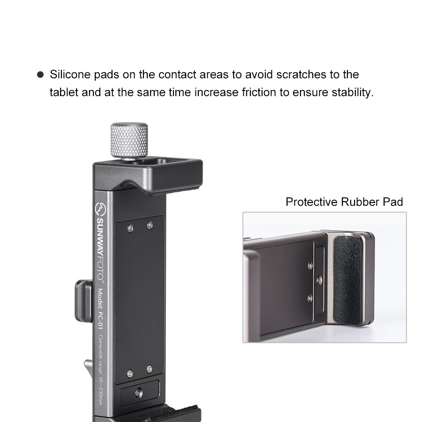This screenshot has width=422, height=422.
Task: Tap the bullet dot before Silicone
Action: tap(40, 75)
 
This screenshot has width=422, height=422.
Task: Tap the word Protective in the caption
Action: tap(312, 202)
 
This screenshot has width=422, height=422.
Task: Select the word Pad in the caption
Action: tap(392, 202)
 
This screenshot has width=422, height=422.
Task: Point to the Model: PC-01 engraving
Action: tap(100, 310)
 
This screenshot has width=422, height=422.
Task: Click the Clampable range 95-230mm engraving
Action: tap(100, 366)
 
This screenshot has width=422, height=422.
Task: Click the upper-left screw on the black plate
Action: tap(130, 227)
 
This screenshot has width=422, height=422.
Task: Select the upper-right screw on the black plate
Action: tap(150, 226)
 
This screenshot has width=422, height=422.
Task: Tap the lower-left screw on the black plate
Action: tap(130, 373)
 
